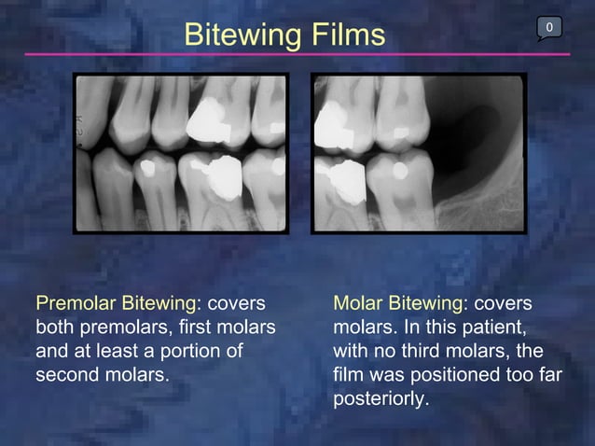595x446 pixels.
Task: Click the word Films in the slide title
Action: click(x=346, y=35)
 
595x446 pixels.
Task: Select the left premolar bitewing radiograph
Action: click(x=181, y=153)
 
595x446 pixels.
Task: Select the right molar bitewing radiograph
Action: click(x=419, y=153)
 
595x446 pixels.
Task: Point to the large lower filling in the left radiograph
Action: click(x=221, y=174)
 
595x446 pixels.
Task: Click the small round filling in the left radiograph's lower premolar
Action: click(x=145, y=169)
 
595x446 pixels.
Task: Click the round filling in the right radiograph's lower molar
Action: click(x=399, y=171)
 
